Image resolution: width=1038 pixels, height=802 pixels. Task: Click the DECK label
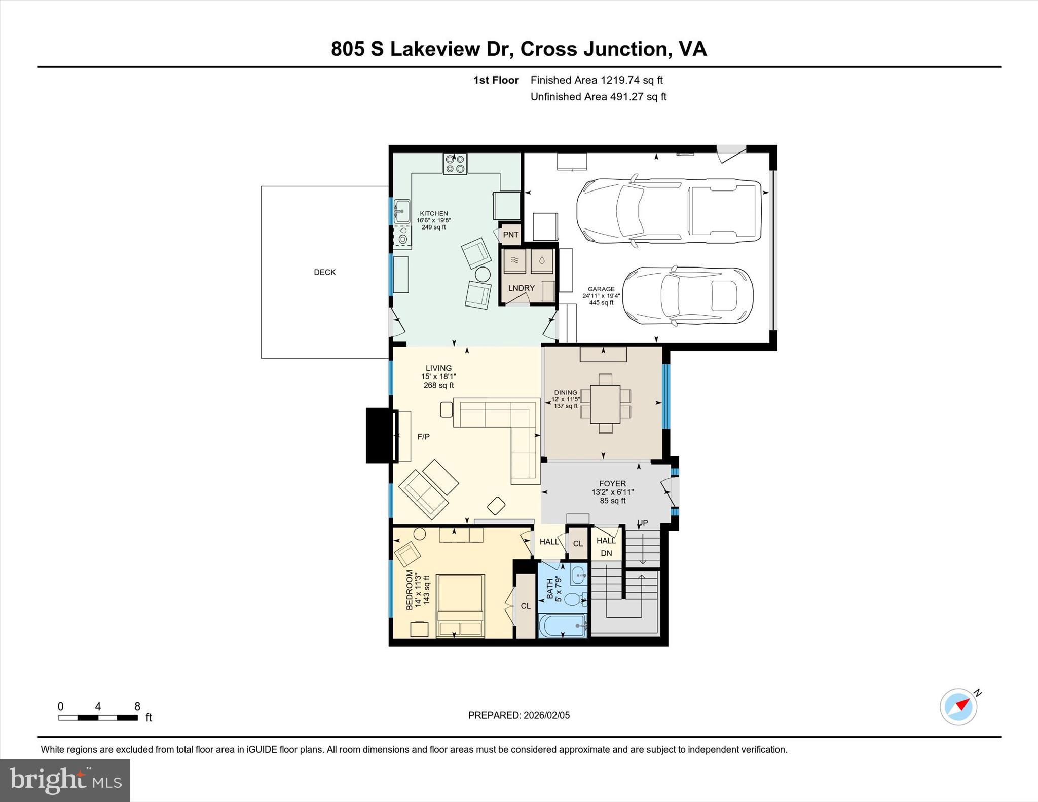(324, 272)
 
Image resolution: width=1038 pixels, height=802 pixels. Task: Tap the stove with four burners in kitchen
(455, 164)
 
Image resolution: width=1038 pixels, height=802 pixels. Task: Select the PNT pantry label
(510, 235)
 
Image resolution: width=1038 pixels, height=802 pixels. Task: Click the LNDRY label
(521, 288)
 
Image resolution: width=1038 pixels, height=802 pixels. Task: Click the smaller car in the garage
(687, 296)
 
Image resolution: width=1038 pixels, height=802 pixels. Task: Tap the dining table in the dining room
(605, 404)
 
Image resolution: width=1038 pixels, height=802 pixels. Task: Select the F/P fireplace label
(423, 436)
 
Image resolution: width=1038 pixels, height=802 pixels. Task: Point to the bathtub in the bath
(563, 626)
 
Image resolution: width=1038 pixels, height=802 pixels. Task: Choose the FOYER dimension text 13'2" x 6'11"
(612, 492)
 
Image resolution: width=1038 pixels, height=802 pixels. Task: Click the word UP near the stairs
(642, 523)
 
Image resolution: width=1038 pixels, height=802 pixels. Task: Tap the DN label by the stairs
(606, 553)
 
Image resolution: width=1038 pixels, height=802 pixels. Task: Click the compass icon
(958, 707)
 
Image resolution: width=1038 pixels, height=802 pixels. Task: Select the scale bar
(98, 717)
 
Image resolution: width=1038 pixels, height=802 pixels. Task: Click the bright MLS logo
(65, 780)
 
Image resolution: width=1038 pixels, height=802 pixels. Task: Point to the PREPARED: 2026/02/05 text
(518, 715)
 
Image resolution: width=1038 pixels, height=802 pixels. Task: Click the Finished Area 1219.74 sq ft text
(596, 80)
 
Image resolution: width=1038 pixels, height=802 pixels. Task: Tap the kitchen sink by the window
(402, 210)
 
